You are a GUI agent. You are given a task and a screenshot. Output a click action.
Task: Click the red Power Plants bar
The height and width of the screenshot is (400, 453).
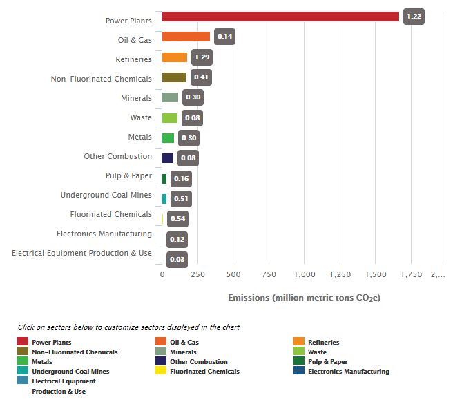[x=280, y=17]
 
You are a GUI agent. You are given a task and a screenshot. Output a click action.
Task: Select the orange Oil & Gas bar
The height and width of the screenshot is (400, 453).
[x=186, y=37]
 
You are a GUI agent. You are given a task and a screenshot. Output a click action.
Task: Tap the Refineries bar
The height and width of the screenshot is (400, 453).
[x=175, y=57]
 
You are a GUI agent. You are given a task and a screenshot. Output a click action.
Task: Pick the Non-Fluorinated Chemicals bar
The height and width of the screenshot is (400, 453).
[x=174, y=77]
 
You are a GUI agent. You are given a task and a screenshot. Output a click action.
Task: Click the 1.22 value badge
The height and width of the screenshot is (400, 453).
[x=414, y=17]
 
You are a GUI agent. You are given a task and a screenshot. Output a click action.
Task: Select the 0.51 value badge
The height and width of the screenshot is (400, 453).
[x=181, y=199]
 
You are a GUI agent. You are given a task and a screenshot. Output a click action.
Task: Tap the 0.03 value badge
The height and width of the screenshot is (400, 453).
[x=177, y=259]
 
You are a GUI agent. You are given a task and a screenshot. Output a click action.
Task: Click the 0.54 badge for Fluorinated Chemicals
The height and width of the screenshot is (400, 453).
[x=177, y=219]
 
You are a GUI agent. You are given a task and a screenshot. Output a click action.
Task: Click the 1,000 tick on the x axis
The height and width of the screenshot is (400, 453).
[x=305, y=274]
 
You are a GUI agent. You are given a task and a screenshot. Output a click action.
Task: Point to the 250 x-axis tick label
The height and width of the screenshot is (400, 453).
[x=197, y=274]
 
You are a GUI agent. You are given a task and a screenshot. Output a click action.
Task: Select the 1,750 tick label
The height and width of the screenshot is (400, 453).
[x=411, y=274]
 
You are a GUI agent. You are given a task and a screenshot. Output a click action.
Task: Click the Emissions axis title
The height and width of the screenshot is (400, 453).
[x=304, y=298]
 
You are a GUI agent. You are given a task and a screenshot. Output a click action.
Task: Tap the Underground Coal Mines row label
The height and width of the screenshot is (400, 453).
[x=106, y=196]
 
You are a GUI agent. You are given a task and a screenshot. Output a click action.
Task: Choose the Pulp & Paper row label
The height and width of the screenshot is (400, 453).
[x=128, y=175]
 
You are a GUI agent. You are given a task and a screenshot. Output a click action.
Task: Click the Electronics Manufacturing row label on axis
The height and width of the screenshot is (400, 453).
[x=104, y=234]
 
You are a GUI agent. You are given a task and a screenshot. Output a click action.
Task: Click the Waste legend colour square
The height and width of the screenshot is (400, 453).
[x=299, y=352]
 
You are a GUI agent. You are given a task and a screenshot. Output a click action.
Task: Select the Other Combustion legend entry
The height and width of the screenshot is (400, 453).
[x=198, y=362]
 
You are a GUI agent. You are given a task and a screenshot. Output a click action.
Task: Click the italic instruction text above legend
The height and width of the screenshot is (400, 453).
[x=128, y=327]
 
